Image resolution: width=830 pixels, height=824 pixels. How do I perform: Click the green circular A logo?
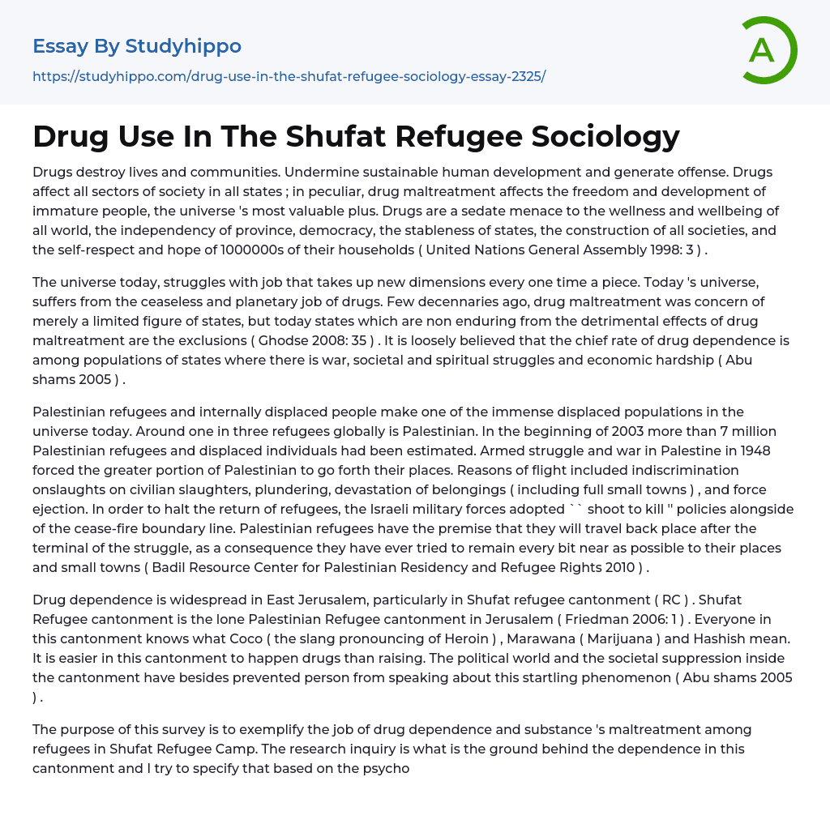(768, 50)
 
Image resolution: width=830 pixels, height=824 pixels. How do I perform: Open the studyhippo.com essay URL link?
(289, 76)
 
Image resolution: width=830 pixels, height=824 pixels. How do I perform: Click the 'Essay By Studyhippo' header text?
(137, 46)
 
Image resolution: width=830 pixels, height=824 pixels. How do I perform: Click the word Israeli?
(389, 509)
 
